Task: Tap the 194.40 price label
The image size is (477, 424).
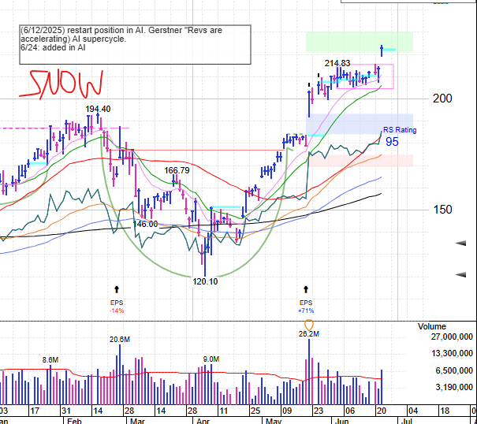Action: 98,109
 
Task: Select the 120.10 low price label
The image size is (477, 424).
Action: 206,281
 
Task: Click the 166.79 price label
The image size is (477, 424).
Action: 177,170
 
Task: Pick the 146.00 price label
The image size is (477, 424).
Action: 145,224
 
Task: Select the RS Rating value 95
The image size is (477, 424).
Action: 392,142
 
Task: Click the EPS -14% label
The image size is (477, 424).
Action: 117,306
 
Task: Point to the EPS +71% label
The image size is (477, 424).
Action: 306,306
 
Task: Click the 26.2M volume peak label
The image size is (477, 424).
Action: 308,334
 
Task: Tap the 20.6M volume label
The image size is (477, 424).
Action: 119,340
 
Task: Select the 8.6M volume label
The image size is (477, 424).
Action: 50,359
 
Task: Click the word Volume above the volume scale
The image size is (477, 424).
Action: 432,326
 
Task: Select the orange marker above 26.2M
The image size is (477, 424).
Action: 308,324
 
